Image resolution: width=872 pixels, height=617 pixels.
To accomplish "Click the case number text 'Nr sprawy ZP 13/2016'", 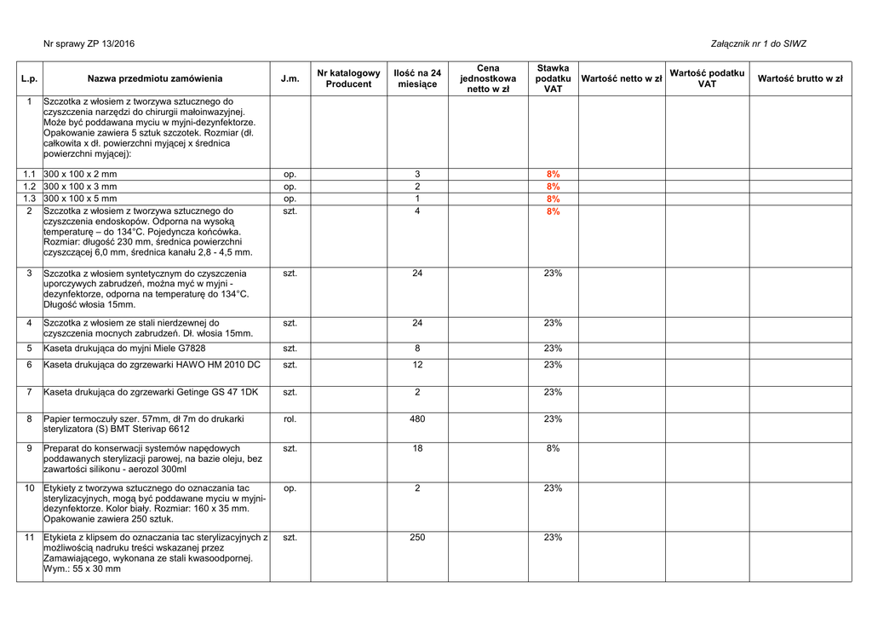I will point(89,44).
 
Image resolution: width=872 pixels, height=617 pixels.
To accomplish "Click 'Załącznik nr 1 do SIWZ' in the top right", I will point(758,44).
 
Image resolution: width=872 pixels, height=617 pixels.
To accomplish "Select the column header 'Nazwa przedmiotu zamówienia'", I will point(155,78).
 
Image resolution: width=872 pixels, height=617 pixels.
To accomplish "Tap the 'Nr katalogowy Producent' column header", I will point(348,78).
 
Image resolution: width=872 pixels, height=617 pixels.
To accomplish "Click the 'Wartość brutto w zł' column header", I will point(800,78).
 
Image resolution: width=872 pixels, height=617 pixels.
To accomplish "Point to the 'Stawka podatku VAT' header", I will point(553,78).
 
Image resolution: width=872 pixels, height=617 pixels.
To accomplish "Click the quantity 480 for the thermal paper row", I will point(417,419).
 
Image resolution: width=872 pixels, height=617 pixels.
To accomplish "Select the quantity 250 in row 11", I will point(417,538).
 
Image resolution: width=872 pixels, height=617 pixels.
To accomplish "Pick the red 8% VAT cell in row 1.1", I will point(553,175).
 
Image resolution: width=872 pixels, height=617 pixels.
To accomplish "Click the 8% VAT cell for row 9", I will point(553,448).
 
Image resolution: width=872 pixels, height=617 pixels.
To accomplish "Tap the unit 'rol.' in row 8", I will point(290,419).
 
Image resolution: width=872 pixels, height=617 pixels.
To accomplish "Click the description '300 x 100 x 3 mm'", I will point(81,187).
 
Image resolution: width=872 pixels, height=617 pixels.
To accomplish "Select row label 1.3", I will point(29,199).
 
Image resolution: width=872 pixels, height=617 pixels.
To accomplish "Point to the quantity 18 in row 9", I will point(417,448).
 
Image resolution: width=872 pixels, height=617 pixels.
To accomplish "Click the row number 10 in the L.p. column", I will point(29,488).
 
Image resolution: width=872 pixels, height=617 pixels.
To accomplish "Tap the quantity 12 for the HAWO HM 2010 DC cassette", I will point(417,365).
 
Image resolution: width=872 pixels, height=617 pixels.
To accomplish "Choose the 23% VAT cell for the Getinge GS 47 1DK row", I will point(553,392).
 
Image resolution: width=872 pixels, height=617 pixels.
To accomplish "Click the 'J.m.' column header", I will point(290,78).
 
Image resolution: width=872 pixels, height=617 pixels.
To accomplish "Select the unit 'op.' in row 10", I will point(290,488).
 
